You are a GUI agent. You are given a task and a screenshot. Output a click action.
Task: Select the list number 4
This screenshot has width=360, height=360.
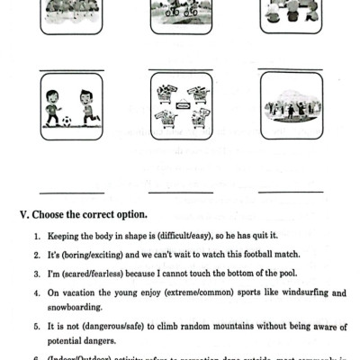click(35, 292)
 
